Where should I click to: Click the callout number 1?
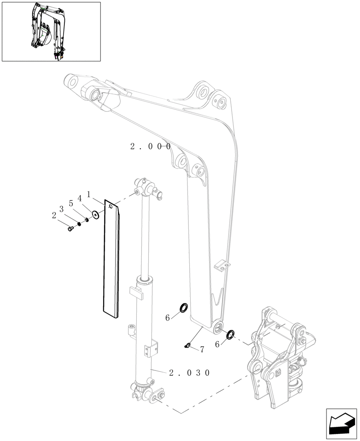(x=89, y=194)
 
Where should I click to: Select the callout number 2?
(x=54, y=216)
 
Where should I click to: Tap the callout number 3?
(x=62, y=208)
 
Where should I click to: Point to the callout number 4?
(x=80, y=199)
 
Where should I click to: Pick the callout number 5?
(x=71, y=204)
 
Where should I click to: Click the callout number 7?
(x=202, y=350)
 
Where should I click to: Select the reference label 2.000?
(x=150, y=146)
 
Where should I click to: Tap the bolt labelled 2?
(x=71, y=228)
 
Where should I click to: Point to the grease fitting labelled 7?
(x=187, y=346)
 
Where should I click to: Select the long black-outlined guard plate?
(x=112, y=260)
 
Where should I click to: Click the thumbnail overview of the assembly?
(x=51, y=31)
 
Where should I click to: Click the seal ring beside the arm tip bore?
(x=230, y=335)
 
